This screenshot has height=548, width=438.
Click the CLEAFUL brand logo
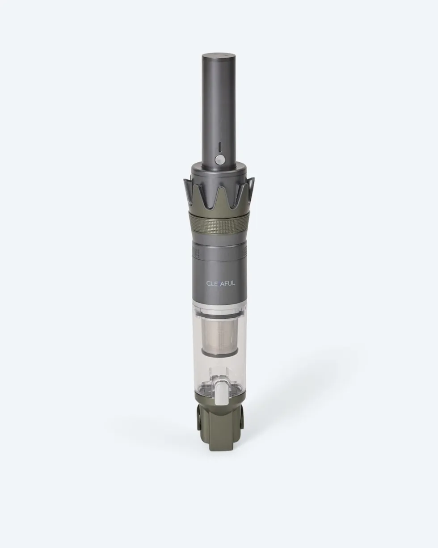(x=221, y=283)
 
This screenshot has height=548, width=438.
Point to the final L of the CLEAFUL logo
(x=233, y=283)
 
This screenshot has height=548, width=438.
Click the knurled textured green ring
(x=219, y=219)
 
